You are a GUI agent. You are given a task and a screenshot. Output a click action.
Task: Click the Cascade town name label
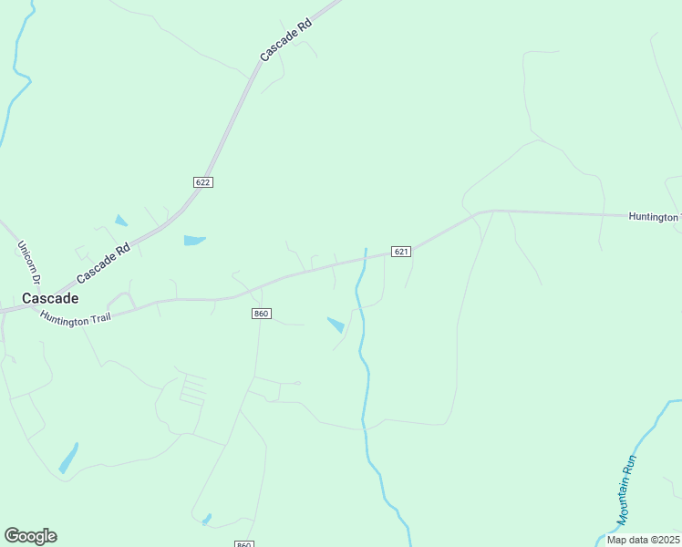pos(50,298)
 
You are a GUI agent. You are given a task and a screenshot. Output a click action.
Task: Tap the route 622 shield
pos(203,182)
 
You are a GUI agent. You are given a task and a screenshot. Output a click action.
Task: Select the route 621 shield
pos(401,251)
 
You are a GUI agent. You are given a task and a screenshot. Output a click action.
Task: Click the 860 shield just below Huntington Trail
pos(261,314)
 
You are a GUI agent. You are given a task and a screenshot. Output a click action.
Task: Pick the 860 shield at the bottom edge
pos(243,543)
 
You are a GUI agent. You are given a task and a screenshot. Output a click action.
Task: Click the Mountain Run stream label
pos(628,490)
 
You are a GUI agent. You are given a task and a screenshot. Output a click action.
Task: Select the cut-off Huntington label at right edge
pos(655,217)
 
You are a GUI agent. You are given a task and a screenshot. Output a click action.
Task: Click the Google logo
pos(30,536)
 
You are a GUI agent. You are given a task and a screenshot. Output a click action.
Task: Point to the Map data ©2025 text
pos(643,540)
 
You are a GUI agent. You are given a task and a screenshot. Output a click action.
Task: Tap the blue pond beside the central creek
pos(336,324)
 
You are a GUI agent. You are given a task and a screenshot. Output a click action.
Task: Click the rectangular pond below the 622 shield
pos(194,241)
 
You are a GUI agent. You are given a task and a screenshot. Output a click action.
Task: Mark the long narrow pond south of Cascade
pos(68,458)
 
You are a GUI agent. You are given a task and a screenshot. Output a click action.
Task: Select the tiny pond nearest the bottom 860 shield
pos(207,519)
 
